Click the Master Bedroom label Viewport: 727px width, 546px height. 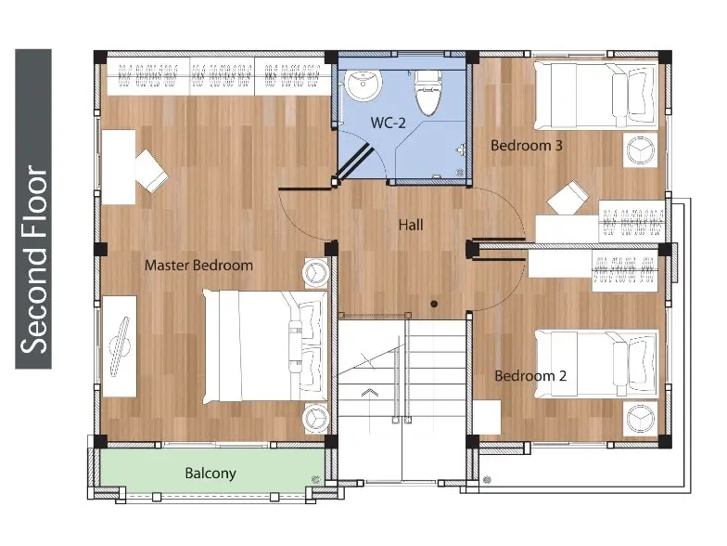[x=198, y=266]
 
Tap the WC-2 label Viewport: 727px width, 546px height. [x=388, y=123]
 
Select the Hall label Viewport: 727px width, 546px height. [x=411, y=225]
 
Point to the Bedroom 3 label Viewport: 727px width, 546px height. [x=527, y=145]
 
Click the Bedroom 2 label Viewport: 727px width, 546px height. [x=530, y=375]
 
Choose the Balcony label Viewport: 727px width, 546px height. [x=210, y=474]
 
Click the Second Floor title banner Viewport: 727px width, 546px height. [x=33, y=209]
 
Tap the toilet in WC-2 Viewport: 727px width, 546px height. [x=427, y=93]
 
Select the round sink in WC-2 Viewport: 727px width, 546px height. [x=363, y=85]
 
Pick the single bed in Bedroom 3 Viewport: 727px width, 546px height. [x=595, y=95]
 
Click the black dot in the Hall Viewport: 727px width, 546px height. [x=434, y=305]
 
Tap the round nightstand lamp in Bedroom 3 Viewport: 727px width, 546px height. [x=640, y=150]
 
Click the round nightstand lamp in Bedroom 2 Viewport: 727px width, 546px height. [x=640, y=418]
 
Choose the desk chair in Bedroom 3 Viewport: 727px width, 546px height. [x=568, y=198]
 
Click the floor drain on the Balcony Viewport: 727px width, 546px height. [x=316, y=479]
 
